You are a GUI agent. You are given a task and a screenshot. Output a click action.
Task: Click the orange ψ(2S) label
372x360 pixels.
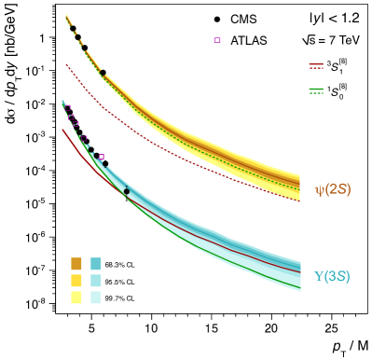click(x=332, y=189)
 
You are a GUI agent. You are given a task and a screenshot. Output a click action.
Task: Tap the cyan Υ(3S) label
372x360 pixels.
click(x=331, y=276)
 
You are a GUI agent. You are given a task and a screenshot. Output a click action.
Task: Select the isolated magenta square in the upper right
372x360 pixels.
click(x=218, y=40)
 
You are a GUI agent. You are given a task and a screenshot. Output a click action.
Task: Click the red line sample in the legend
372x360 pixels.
click(x=316, y=66)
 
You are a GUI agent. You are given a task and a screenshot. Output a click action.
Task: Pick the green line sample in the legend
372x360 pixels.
click(x=316, y=90)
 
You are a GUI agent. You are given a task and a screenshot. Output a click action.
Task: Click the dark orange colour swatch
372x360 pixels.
click(x=76, y=264)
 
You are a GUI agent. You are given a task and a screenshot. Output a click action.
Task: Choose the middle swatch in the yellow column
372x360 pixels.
click(x=76, y=281)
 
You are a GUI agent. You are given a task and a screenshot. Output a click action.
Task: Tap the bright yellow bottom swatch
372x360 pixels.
click(x=76, y=298)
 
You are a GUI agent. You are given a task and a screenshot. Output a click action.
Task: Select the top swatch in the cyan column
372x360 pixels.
click(x=96, y=264)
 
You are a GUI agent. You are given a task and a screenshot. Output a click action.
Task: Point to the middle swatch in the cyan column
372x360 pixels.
click(x=96, y=281)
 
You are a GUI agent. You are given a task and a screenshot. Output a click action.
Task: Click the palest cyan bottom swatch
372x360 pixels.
click(x=96, y=298)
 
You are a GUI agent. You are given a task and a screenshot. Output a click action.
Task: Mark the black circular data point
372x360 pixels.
click(x=127, y=191)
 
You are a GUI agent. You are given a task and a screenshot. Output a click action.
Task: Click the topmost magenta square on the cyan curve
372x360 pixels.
click(x=68, y=107)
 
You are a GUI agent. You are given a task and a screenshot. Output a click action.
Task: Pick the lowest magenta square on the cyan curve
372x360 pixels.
click(x=101, y=157)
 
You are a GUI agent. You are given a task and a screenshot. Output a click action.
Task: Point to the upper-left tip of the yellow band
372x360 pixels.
click(x=67, y=16)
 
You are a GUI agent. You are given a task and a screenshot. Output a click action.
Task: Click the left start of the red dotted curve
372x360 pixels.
click(x=67, y=65)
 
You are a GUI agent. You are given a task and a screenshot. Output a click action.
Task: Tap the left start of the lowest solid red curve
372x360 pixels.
click(x=63, y=130)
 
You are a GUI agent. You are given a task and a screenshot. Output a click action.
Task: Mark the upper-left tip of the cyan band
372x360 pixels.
click(x=63, y=102)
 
